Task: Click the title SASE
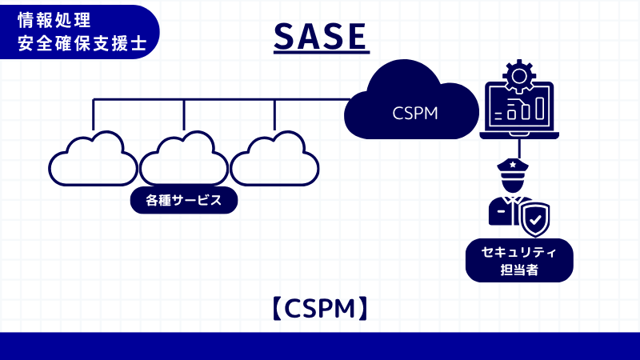pyautogui.click(x=320, y=36)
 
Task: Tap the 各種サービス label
pyautogui.click(x=184, y=200)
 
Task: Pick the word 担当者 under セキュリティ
pyautogui.click(x=519, y=270)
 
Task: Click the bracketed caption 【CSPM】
pyautogui.click(x=320, y=308)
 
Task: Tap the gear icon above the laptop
pyautogui.click(x=519, y=75)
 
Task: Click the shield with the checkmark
pyautogui.click(x=534, y=218)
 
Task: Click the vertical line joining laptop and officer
pyautogui.click(x=519, y=148)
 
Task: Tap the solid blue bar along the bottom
pyautogui.click(x=320, y=346)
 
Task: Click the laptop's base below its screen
pyautogui.click(x=519, y=134)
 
